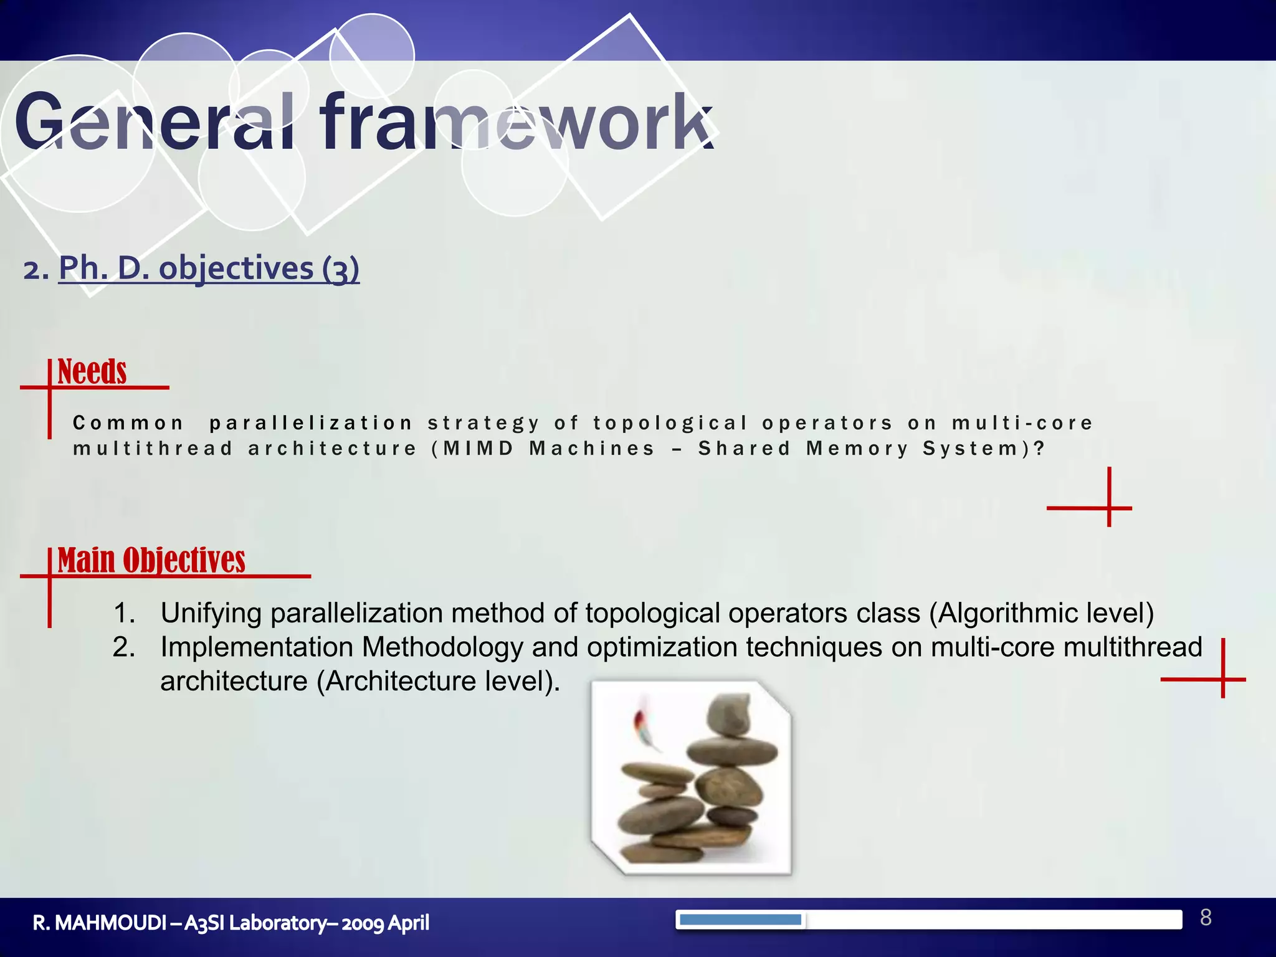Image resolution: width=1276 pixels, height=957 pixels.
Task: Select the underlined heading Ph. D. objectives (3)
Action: pyautogui.click(x=209, y=269)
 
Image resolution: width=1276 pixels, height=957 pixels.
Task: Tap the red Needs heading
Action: pyautogui.click(x=92, y=372)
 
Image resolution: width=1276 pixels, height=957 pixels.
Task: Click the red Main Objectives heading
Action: pyautogui.click(x=151, y=560)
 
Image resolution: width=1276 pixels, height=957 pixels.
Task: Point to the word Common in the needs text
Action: pyautogui.click(x=128, y=423)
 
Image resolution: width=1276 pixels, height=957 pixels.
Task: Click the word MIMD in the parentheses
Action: pyautogui.click(x=478, y=449)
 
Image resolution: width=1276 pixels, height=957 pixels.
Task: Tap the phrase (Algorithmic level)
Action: pyautogui.click(x=1041, y=613)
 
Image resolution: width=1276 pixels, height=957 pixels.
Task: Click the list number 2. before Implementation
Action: pyautogui.click(x=123, y=647)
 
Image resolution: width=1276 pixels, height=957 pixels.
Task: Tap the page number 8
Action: pyautogui.click(x=1206, y=918)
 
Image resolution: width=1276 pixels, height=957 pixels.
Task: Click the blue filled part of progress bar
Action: pyautogui.click(x=740, y=920)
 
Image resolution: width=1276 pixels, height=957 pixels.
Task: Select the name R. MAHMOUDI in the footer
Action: pyautogui.click(x=100, y=923)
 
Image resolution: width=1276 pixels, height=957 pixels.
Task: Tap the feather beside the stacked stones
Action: pyautogui.click(x=644, y=726)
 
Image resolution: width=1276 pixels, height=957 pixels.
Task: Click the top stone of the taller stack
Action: pyautogui.click(x=730, y=713)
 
